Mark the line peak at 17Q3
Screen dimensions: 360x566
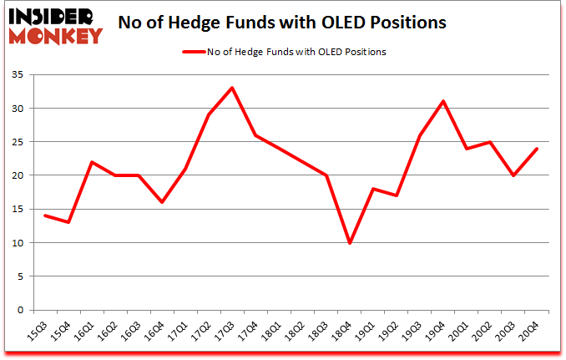point(232,88)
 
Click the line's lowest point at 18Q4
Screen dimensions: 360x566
point(349,243)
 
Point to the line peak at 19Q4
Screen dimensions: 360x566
point(443,101)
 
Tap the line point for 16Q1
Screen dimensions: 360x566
point(91,162)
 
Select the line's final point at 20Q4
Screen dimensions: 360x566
point(537,149)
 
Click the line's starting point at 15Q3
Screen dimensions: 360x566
point(44,215)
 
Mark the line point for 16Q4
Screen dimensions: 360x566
point(161,202)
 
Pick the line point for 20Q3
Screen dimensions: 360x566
point(513,175)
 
